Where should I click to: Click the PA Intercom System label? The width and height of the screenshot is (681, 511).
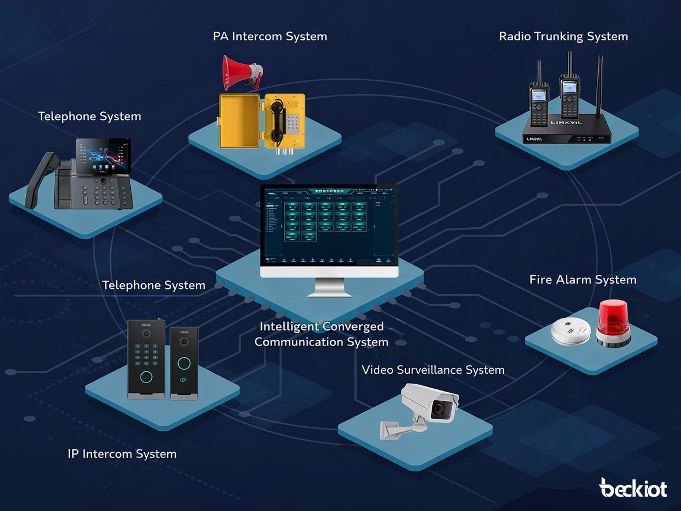(x=270, y=36)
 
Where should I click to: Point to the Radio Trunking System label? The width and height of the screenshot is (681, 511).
(x=563, y=36)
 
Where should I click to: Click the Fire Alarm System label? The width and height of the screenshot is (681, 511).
(x=582, y=280)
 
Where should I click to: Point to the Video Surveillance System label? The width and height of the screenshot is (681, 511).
(x=433, y=370)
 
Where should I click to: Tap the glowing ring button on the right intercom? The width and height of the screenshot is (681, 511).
(x=184, y=363)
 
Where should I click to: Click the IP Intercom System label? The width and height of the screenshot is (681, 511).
(x=122, y=454)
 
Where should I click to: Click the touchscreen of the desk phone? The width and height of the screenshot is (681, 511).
(x=104, y=155)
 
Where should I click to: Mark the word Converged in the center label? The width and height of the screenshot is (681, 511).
(x=353, y=326)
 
